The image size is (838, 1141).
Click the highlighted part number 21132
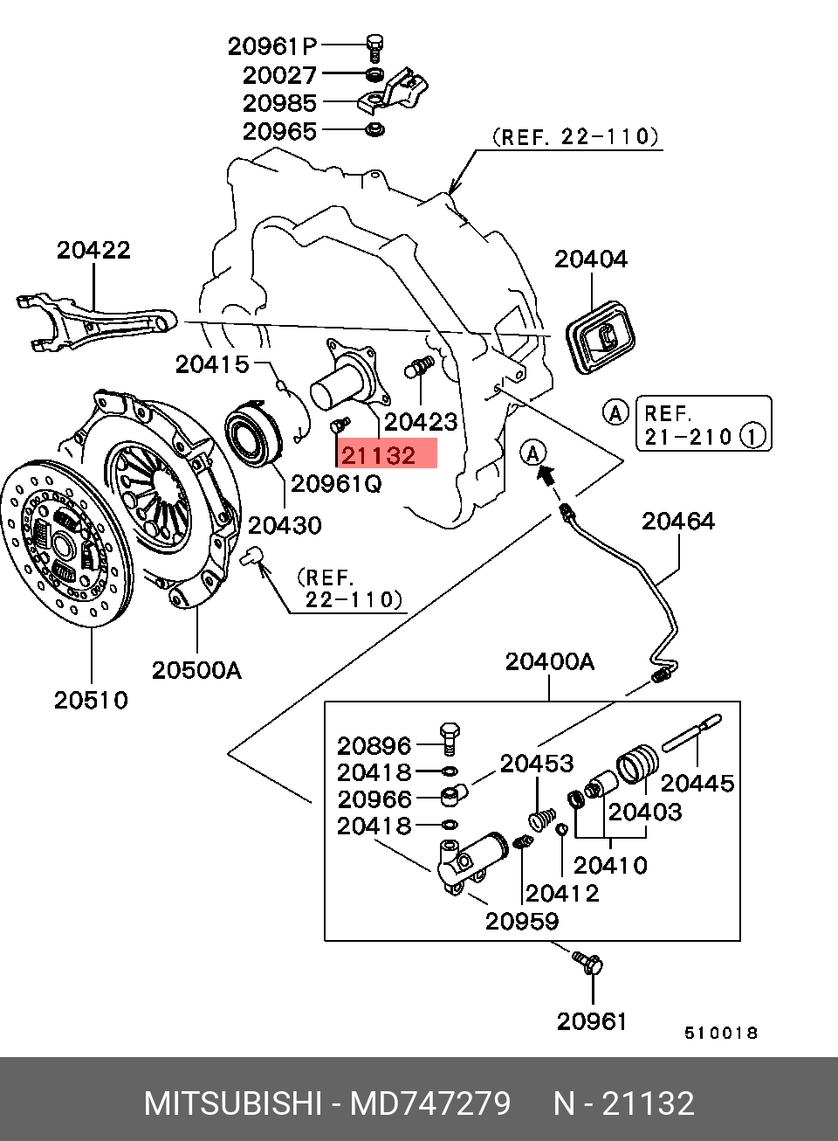click(x=379, y=455)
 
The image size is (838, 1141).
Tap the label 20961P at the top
click(x=272, y=46)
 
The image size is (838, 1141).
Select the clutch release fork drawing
click(x=96, y=322)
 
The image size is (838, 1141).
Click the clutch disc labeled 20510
click(x=66, y=544)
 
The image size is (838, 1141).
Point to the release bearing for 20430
click(x=253, y=433)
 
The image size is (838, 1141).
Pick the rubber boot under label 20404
click(x=601, y=337)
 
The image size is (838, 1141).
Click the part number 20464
click(x=677, y=521)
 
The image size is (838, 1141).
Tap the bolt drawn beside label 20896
click(x=449, y=738)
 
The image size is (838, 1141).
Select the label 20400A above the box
click(x=550, y=661)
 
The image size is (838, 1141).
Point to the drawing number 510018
click(x=720, y=1033)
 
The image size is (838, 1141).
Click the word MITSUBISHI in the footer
click(x=233, y=1103)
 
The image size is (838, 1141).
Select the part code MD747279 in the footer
click(x=430, y=1103)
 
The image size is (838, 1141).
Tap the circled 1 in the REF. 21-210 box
click(x=753, y=436)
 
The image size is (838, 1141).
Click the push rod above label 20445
click(x=691, y=733)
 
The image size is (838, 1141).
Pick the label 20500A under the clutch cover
click(x=196, y=670)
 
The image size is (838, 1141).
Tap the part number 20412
click(x=561, y=893)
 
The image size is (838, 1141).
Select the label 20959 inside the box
click(x=521, y=921)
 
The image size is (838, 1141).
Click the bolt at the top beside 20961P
click(x=375, y=47)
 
